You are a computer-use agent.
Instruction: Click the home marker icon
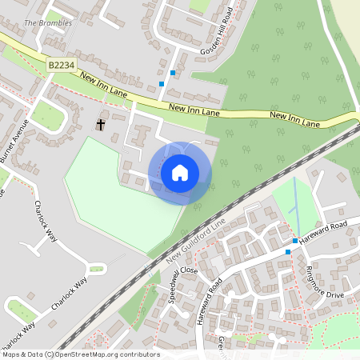[x=180, y=173]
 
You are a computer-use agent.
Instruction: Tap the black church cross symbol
[x=102, y=124]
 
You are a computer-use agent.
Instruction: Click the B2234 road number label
[x=60, y=65]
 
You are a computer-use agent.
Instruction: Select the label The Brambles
[x=48, y=23]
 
